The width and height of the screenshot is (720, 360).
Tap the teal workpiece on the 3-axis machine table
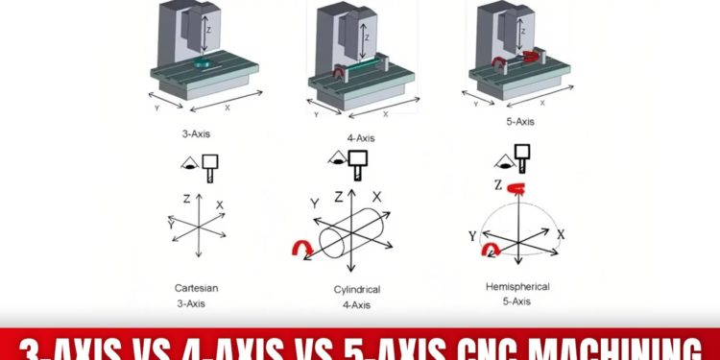click(x=201, y=64)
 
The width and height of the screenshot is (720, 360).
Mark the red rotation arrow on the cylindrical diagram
click(x=300, y=250)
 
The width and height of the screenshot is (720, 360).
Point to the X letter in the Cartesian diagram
click(x=220, y=205)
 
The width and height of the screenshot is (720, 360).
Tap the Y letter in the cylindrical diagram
click(x=313, y=203)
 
